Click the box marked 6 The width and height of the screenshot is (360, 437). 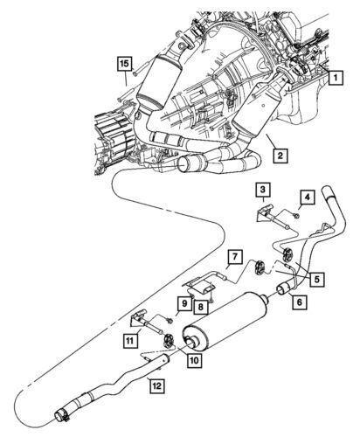pyautogui.click(x=299, y=302)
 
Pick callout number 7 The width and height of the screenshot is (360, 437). pyautogui.click(x=234, y=256)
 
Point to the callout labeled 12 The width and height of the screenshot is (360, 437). pyautogui.click(x=156, y=383)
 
